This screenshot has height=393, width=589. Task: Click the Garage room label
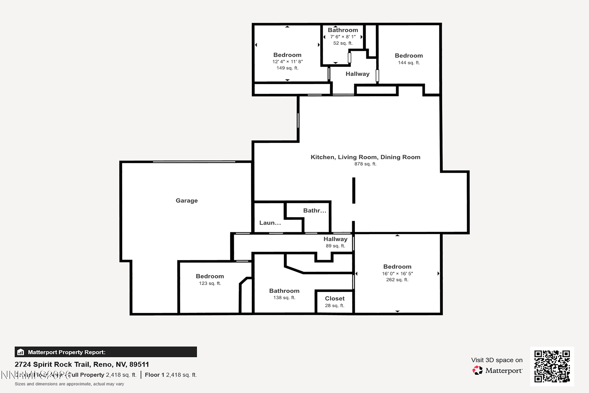coord(187,200)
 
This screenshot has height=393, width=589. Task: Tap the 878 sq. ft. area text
coord(365,164)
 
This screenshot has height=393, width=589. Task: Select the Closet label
coord(335,298)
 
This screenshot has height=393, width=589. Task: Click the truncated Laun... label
coord(270,223)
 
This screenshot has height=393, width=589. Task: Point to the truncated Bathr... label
coord(315,210)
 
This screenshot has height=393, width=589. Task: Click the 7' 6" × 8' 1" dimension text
coord(343,37)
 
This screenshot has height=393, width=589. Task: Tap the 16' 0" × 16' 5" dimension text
coord(397,274)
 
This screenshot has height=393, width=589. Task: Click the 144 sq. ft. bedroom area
coord(409,63)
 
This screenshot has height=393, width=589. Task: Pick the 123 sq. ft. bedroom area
coord(210,283)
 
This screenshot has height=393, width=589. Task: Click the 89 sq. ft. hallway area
coord(335,246)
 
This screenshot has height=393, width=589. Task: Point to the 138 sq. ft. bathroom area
coord(284,298)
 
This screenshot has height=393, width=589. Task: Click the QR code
coord(552,366)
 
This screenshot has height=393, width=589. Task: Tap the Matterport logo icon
coord(477,370)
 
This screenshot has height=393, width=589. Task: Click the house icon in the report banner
coord(21,352)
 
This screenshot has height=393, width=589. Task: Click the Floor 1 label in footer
coord(154,375)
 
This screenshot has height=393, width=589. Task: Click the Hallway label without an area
coord(357,74)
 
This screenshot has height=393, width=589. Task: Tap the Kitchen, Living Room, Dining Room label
coord(365,157)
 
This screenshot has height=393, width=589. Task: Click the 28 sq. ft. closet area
coord(335,306)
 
